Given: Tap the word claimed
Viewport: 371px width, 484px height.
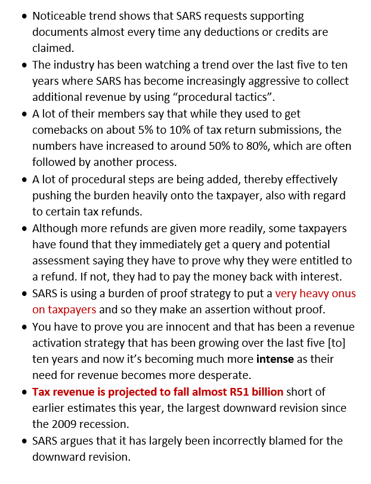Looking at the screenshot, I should [x=52, y=48].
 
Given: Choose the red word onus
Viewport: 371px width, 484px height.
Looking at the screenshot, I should [x=342, y=294].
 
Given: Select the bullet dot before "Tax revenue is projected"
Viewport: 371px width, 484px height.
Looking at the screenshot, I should [x=23, y=392].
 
